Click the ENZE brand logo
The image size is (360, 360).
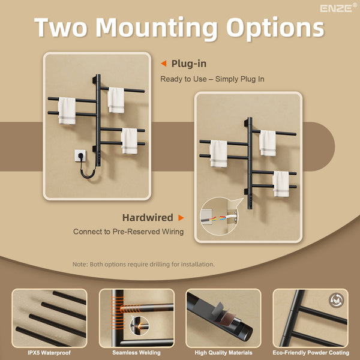(338, 8)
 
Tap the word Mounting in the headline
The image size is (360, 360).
(157, 28)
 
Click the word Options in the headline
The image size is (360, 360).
(275, 28)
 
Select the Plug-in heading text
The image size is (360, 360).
(189, 64)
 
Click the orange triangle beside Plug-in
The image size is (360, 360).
(164, 64)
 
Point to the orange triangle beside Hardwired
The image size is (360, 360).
(181, 218)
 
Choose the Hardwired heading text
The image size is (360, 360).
(148, 217)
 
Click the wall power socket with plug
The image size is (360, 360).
(80, 155)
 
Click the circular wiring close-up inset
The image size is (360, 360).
(218, 216)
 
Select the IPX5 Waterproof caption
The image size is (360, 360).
(49, 353)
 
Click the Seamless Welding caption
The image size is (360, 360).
(136, 353)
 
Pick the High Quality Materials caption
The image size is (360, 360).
(223, 353)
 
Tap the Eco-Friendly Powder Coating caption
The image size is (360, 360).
(311, 353)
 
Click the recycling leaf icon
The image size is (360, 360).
(337, 300)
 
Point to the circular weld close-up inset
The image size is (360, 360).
(139, 326)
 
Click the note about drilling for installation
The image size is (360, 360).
(143, 264)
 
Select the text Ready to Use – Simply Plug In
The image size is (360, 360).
(212, 79)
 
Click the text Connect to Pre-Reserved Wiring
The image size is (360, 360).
(128, 232)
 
